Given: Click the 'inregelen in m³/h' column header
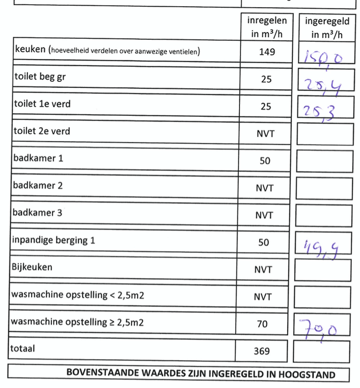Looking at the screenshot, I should pyautogui.click(x=266, y=27).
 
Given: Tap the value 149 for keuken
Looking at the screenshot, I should pyautogui.click(x=267, y=52).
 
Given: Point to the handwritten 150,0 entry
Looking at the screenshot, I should pyautogui.click(x=323, y=56).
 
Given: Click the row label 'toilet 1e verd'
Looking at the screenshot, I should pyautogui.click(x=42, y=104).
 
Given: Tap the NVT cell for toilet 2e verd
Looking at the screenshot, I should pyautogui.click(x=265, y=134).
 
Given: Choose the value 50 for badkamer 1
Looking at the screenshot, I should pyautogui.click(x=265, y=161).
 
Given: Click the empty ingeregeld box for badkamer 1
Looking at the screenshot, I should pyautogui.click(x=324, y=161).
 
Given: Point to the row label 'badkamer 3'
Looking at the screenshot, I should pyautogui.click(x=38, y=213).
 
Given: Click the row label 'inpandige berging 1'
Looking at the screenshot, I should pyautogui.click(x=53, y=241).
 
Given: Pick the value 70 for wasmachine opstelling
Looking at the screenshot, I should pyautogui.click(x=263, y=324).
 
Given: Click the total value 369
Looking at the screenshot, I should pyautogui.click(x=262, y=351).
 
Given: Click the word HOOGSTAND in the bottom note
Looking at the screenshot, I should pyautogui.click(x=306, y=374).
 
